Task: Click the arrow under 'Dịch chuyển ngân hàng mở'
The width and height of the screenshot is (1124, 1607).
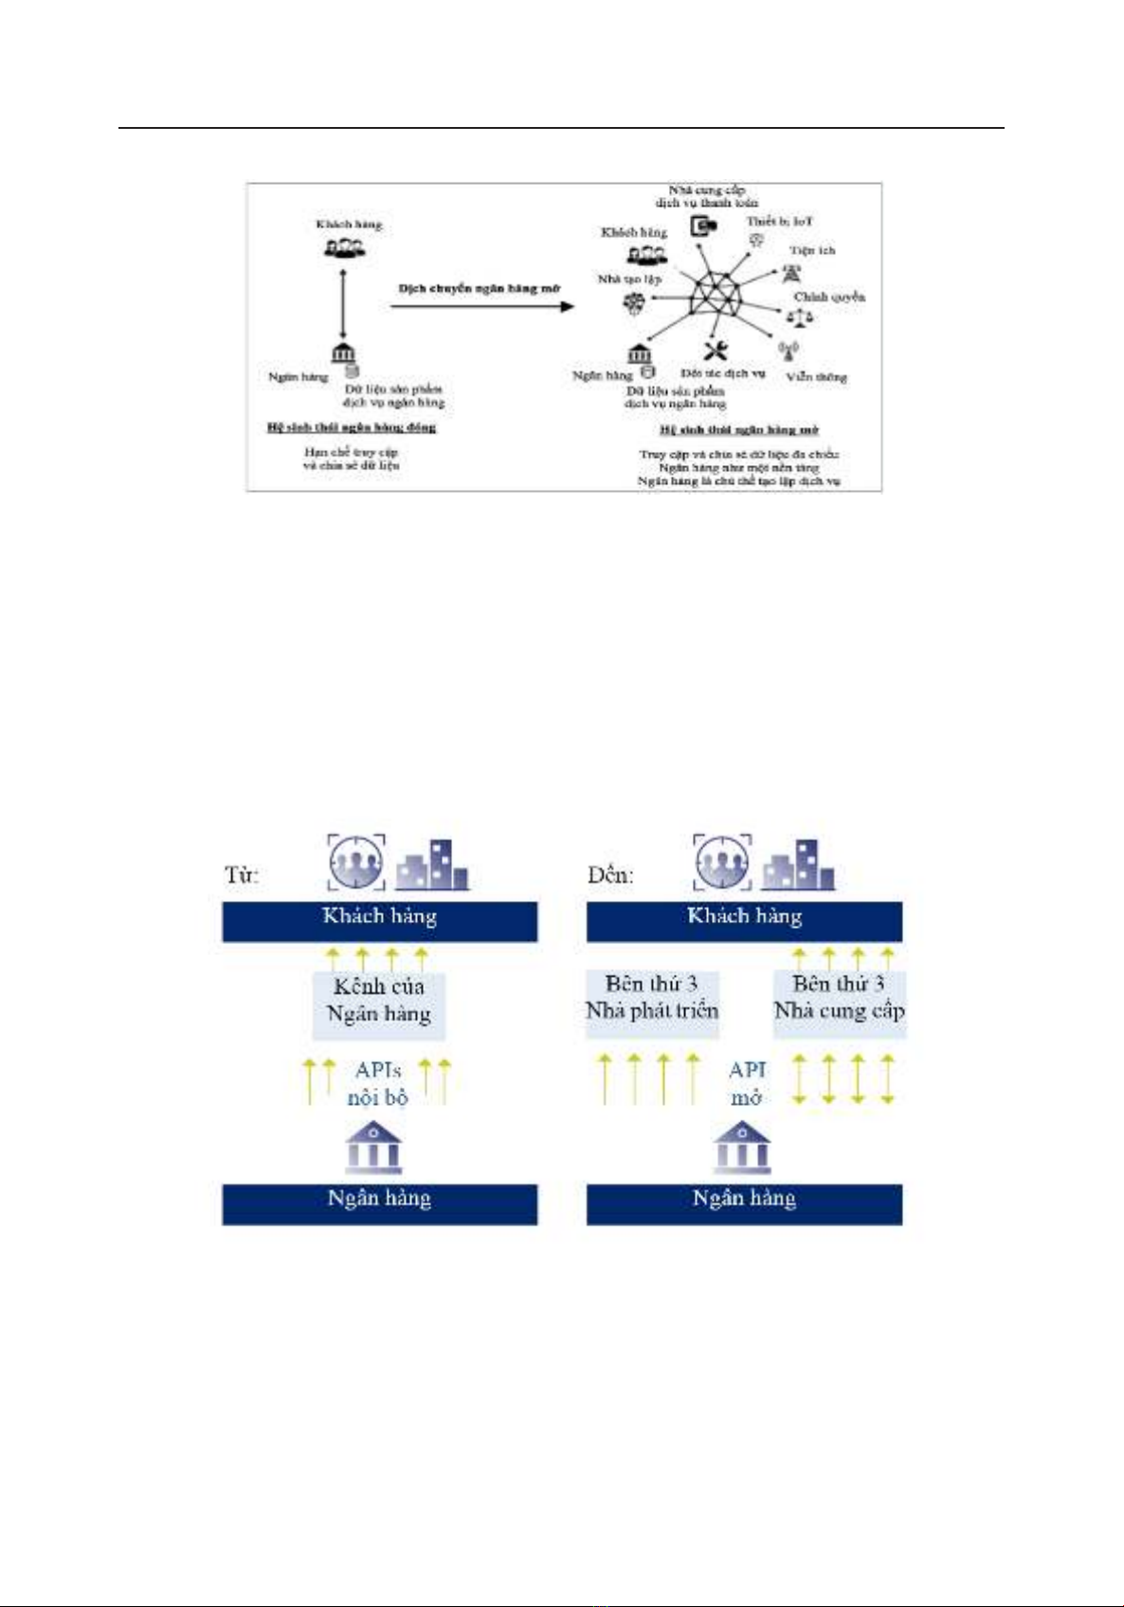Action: pyautogui.click(x=481, y=306)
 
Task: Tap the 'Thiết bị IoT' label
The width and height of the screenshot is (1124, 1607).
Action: pyautogui.click(x=779, y=222)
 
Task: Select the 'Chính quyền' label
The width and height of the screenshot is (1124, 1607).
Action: pyautogui.click(x=829, y=297)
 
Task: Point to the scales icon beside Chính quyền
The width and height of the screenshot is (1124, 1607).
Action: pyautogui.click(x=800, y=316)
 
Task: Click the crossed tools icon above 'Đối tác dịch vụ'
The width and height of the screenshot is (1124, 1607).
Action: pyautogui.click(x=716, y=350)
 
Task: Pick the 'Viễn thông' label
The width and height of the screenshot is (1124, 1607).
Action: pyautogui.click(x=816, y=376)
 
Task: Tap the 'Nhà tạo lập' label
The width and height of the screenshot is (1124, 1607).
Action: pyautogui.click(x=629, y=279)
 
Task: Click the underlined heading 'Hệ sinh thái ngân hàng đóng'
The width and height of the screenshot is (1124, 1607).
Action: pyautogui.click(x=352, y=427)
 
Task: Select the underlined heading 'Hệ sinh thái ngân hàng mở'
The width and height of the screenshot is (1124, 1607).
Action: pyautogui.click(x=739, y=429)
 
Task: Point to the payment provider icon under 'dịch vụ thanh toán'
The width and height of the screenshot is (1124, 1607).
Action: pyautogui.click(x=702, y=226)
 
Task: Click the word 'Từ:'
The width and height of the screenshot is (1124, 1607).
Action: pyautogui.click(x=242, y=874)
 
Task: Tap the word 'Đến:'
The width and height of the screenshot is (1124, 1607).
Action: pyautogui.click(x=609, y=874)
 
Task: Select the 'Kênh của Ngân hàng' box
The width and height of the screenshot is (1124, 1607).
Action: pyautogui.click(x=379, y=1001)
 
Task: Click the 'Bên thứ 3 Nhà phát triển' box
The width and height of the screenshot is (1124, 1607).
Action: pyautogui.click(x=652, y=998)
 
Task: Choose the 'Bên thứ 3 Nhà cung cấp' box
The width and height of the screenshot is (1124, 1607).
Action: pyautogui.click(x=840, y=998)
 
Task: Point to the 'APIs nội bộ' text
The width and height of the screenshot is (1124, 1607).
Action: pyautogui.click(x=377, y=1084)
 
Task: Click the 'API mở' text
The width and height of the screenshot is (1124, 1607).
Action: pyautogui.click(x=747, y=1084)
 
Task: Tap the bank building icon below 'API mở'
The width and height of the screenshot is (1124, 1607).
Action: pyautogui.click(x=742, y=1147)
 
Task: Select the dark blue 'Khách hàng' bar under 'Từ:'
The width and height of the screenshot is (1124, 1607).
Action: pyautogui.click(x=379, y=917)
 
